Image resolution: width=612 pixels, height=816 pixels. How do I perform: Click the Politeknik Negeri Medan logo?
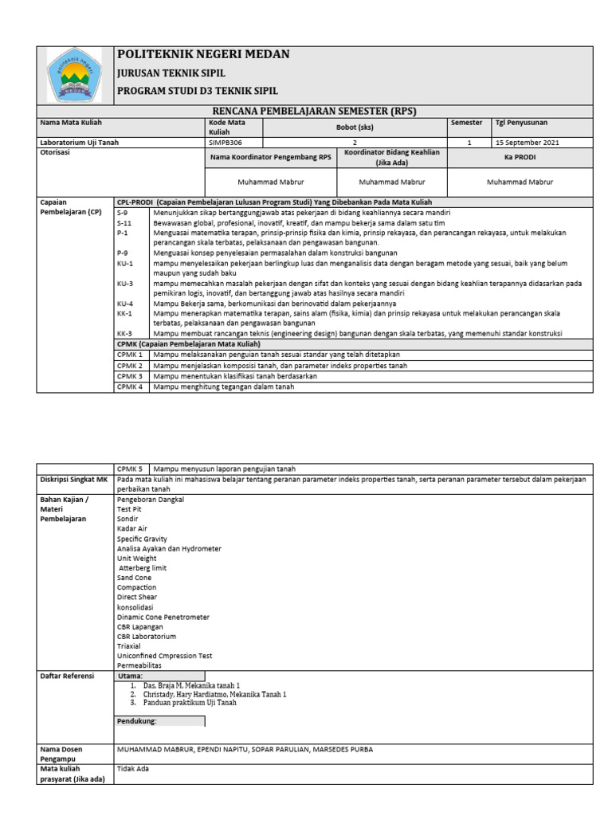[x=75, y=74]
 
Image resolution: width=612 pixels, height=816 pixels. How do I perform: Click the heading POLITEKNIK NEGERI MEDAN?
[x=203, y=54]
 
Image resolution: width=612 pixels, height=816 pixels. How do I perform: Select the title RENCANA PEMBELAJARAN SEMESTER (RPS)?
[x=315, y=111]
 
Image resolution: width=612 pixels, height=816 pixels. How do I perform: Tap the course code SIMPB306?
[x=226, y=143]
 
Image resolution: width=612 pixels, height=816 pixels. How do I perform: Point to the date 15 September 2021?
[x=528, y=143]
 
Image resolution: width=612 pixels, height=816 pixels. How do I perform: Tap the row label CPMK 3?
[x=129, y=375]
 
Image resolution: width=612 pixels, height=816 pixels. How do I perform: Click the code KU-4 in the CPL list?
[x=125, y=304]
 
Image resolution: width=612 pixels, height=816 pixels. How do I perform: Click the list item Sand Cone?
[x=134, y=577]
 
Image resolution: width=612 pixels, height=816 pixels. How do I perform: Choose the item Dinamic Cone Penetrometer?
[x=163, y=617]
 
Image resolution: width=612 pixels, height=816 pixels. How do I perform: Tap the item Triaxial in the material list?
[x=130, y=646]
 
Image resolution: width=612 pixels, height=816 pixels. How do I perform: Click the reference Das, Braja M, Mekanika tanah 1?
[x=191, y=685]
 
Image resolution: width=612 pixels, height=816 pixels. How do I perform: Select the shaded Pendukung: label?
[x=137, y=721]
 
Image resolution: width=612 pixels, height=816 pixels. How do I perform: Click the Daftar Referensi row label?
[x=67, y=676]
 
